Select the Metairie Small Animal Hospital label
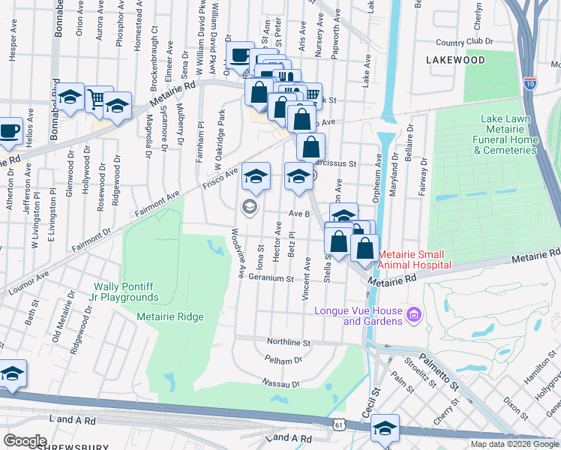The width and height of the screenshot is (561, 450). point(415,259)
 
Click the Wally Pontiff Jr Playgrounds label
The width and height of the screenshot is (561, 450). point(125,292)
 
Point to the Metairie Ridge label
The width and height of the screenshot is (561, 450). point(170,316)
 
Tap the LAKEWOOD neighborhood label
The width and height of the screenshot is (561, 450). point(455,58)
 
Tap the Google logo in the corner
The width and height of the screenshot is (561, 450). point(25,441)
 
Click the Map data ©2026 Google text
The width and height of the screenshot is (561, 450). point(514,444)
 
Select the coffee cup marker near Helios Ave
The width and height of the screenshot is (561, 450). point(10,130)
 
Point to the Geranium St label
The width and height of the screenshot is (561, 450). point(271,278)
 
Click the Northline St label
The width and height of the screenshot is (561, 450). point(289,342)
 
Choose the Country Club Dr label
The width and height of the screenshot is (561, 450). point(460,43)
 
